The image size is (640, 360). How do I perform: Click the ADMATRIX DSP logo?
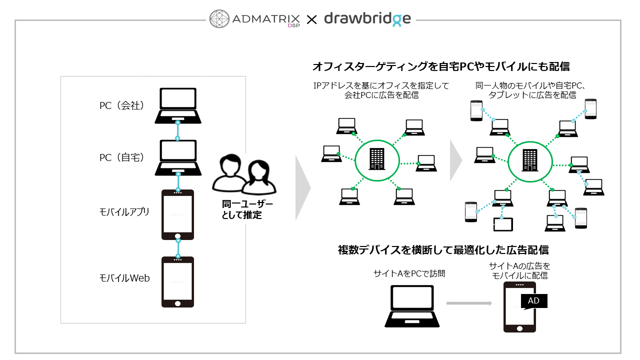tap(255, 19)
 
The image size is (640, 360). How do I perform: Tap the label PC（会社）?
tap(121, 106)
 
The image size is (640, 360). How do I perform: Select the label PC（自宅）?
tap(121, 157)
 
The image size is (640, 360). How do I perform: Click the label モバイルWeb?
tap(124, 278)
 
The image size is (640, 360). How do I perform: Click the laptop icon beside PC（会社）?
tap(177, 105)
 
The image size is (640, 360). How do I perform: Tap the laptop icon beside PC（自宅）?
tap(177, 157)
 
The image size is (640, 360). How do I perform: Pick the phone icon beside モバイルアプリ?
tap(177, 214)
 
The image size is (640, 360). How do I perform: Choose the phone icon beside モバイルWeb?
tap(177, 282)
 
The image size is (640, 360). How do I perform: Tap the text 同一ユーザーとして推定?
tap(241, 210)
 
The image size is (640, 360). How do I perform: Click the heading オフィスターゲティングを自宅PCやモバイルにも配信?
tap(441, 66)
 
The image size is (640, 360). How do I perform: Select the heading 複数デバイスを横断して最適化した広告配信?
tap(443, 249)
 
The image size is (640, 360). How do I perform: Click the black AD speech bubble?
tap(534, 301)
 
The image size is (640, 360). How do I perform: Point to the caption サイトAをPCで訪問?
tap(409, 273)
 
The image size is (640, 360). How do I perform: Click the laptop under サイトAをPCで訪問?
tap(412, 305)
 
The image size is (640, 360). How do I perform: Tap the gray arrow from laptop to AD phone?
tap(469, 303)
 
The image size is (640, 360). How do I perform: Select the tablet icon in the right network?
tap(503, 224)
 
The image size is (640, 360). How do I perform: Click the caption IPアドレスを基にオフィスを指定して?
tap(381, 86)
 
